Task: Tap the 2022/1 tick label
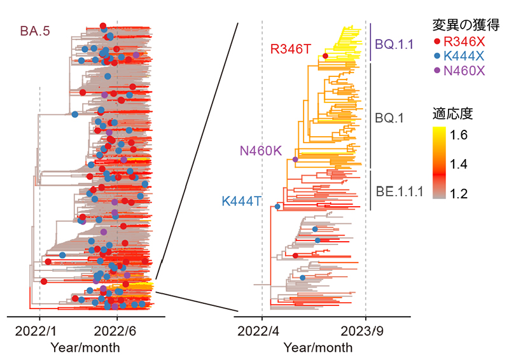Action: pos(39,332)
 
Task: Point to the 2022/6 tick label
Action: pos(116,332)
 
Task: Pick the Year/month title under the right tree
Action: pos(317,348)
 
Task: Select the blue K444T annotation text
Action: pos(242,201)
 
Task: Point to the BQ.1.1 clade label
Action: pos(394,45)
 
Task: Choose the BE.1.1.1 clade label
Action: pos(399,190)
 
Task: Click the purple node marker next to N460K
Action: pos(295,159)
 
